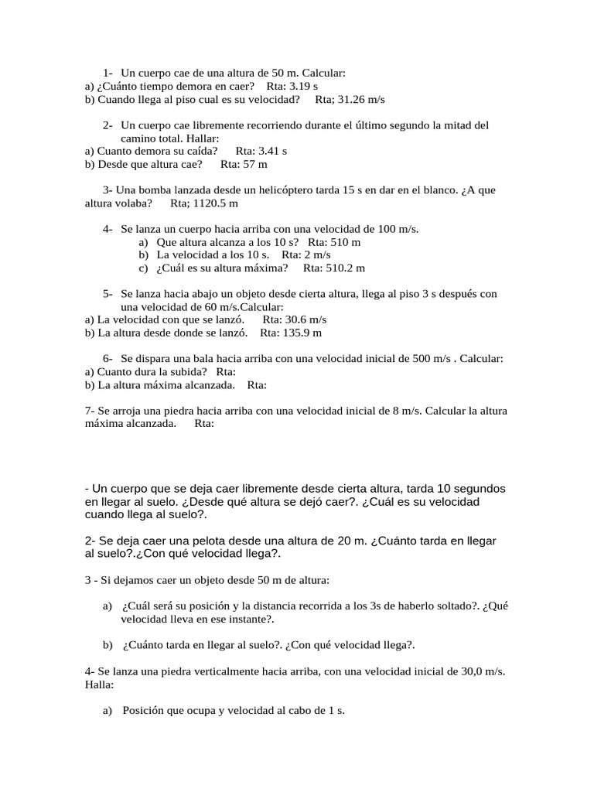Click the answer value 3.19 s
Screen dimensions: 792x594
303,86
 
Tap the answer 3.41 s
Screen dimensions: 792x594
274,151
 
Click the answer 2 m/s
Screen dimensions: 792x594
317,254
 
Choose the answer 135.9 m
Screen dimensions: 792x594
302,333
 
